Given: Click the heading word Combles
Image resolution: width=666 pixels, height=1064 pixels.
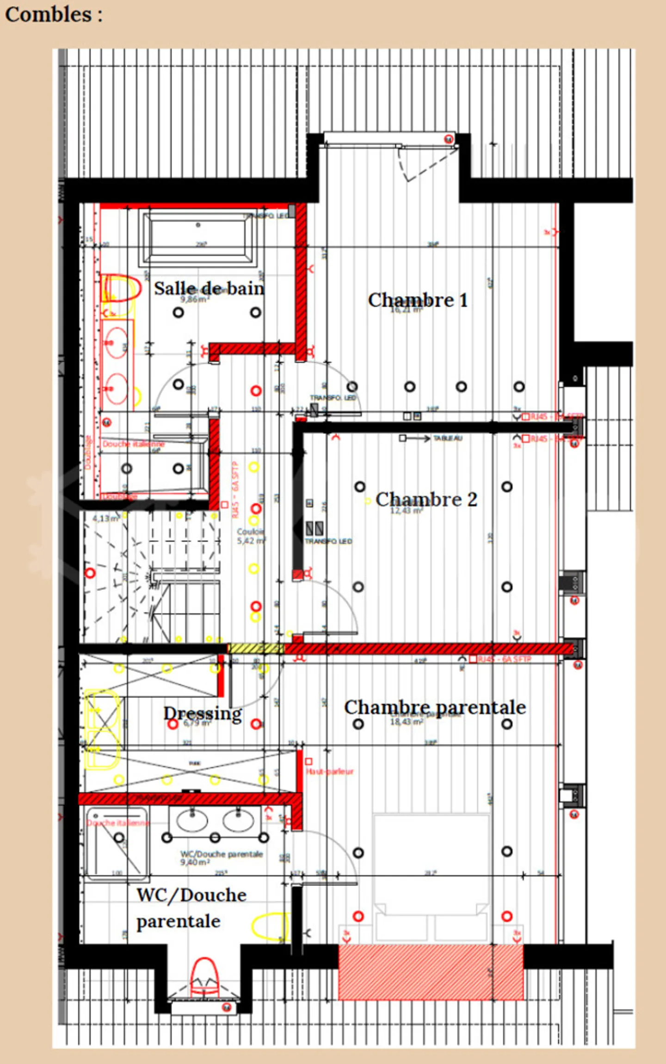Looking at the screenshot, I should (48, 15).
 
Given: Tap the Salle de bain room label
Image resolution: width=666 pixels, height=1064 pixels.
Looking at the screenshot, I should (209, 289).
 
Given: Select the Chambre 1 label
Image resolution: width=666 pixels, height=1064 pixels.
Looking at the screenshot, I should (418, 300).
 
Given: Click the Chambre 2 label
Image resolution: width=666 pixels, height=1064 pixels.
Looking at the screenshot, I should (426, 500).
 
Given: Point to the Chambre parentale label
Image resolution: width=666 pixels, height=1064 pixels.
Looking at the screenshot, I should (435, 707).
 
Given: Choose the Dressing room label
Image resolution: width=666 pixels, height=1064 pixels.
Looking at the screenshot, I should (203, 713).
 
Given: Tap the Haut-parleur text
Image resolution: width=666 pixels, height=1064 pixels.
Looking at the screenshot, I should (329, 772).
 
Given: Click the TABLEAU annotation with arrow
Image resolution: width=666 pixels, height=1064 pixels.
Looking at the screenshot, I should (447, 438).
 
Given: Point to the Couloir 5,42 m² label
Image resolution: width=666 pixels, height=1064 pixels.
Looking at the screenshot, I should (251, 536).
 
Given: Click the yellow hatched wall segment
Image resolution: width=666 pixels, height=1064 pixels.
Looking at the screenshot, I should (256, 649).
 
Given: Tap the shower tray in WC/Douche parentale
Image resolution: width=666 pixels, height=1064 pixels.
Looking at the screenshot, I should (117, 842).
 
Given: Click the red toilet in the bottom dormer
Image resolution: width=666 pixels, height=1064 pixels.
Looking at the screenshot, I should (204, 977).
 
